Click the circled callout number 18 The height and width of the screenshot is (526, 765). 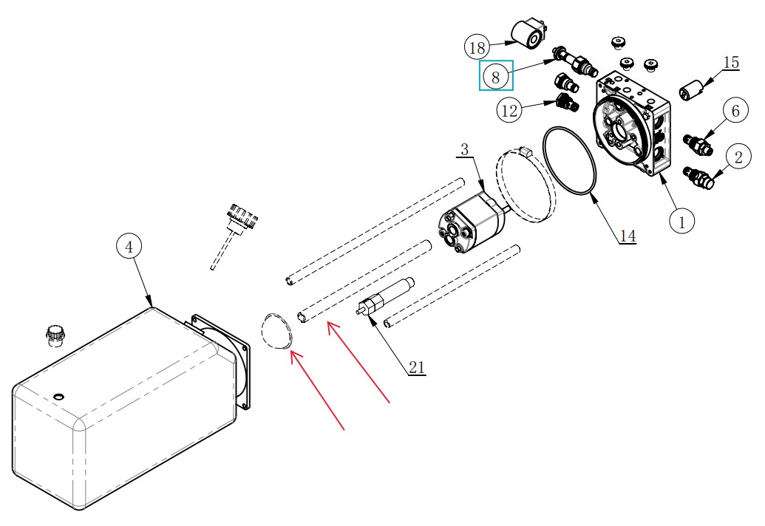click(477, 48)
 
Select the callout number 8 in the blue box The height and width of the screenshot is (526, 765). click(496, 77)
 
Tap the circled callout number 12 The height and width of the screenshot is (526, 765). click(509, 110)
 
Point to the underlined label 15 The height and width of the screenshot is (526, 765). click(731, 63)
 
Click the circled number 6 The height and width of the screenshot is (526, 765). click(735, 111)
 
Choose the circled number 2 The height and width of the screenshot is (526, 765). click(738, 157)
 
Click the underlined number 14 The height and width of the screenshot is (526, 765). click(628, 236)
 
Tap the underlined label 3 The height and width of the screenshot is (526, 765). click(464, 150)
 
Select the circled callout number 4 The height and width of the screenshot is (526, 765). click(129, 247)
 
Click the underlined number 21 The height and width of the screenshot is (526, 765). click(416, 368)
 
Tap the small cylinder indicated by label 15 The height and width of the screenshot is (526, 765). click(691, 89)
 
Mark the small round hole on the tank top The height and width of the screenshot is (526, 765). click(58, 396)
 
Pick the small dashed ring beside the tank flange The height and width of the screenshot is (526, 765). click(276, 331)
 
